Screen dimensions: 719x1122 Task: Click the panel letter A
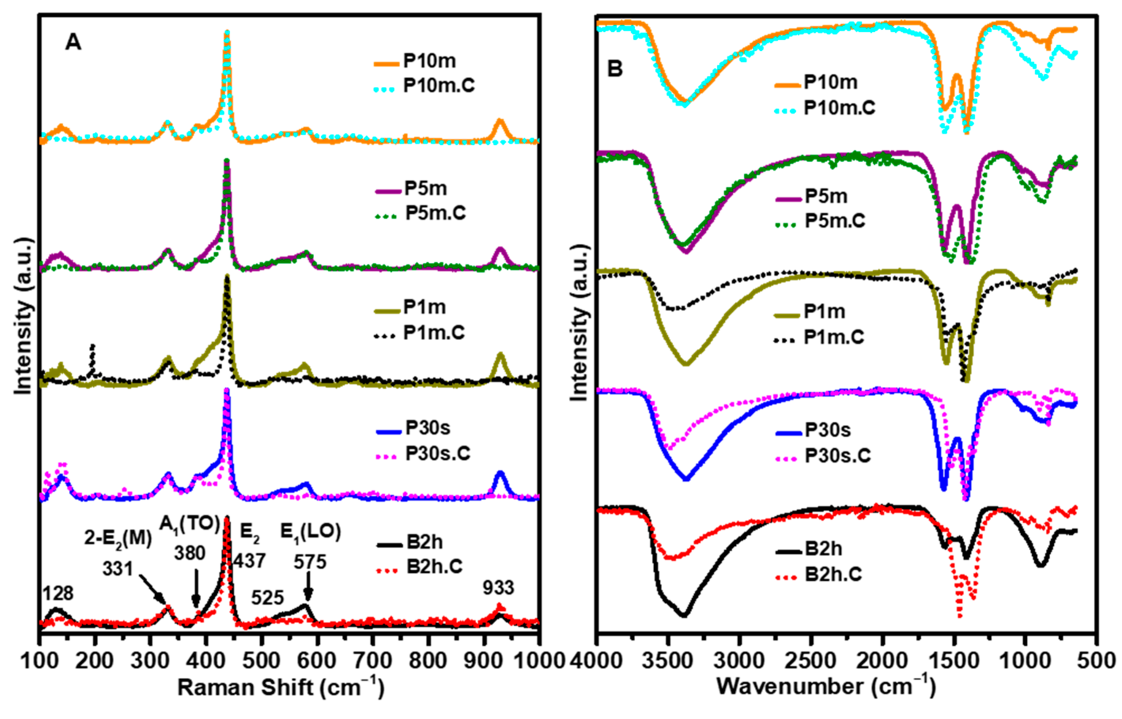[73, 42]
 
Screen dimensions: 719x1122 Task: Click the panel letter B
[614, 69]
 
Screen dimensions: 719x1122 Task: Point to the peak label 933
[498, 588]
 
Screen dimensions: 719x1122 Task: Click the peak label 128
[58, 594]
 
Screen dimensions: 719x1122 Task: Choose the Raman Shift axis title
[281, 688]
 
